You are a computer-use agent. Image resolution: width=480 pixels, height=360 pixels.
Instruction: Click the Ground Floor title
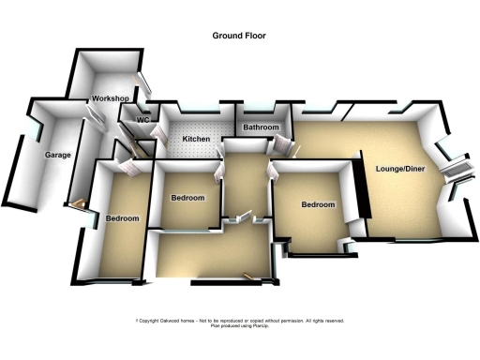(239, 36)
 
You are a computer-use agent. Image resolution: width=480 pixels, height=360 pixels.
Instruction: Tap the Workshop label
(110, 98)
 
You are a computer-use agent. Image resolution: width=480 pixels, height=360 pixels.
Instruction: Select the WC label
(144, 120)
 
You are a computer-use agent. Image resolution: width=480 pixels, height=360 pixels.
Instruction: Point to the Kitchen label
(196, 140)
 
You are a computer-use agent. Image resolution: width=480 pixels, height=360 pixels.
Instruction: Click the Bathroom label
(261, 127)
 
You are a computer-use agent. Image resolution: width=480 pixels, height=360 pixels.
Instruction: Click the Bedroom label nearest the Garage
(122, 218)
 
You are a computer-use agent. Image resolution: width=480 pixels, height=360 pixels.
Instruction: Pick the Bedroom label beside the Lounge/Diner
(317, 204)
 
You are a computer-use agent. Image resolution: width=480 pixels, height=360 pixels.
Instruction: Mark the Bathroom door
(278, 145)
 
